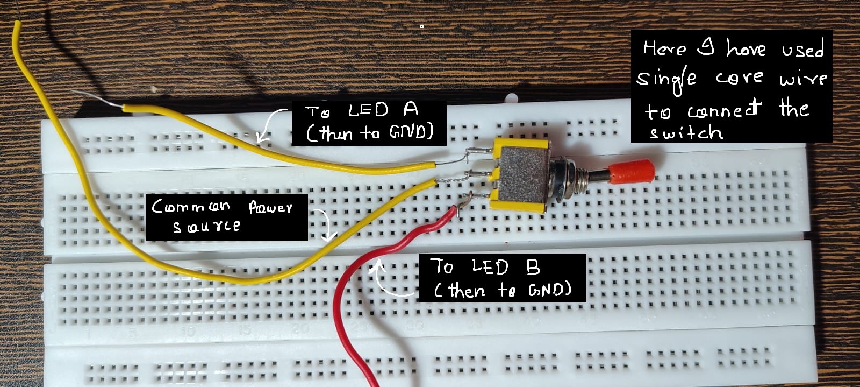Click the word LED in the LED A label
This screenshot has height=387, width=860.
pos(368,111)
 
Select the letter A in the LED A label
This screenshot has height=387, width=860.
pos(411,109)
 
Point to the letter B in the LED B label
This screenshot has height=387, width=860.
pos(533,267)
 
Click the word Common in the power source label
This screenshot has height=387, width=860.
pos(191,206)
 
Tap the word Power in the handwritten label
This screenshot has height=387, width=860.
pos(270,207)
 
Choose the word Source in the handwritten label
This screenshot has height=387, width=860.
pos(206,227)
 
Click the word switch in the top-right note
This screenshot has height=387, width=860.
pos(686,133)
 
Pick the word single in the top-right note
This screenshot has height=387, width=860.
pos(666,80)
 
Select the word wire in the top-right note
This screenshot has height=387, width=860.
pos(803,79)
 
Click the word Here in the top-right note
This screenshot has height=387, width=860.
pos(665,49)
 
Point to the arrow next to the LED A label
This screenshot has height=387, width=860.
pos(271,123)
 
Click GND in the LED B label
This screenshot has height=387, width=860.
pos(548,291)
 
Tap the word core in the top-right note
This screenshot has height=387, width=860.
pos(739,79)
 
